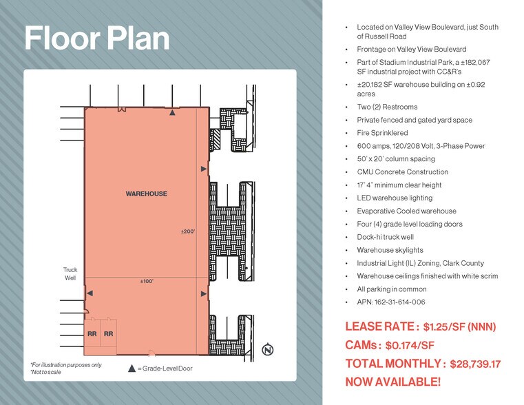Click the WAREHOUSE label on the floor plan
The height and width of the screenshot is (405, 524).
(x=146, y=194)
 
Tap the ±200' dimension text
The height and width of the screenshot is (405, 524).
(x=189, y=231)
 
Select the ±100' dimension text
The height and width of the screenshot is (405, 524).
(x=146, y=281)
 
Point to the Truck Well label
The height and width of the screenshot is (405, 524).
(x=70, y=273)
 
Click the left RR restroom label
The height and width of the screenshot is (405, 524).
(x=92, y=334)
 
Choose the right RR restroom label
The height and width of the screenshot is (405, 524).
(x=108, y=334)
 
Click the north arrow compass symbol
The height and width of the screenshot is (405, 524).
(x=268, y=350)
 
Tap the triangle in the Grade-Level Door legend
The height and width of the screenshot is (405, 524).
(x=132, y=368)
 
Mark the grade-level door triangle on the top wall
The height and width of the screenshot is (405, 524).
(x=172, y=111)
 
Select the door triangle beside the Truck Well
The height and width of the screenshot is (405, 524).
(x=90, y=294)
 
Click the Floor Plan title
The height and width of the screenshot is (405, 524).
(x=97, y=39)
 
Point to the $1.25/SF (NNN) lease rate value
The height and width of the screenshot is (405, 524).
(x=459, y=326)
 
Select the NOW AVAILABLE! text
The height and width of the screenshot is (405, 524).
(x=392, y=382)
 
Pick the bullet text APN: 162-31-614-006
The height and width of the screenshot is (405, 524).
(x=390, y=302)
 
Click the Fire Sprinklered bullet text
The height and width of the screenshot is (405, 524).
(x=382, y=133)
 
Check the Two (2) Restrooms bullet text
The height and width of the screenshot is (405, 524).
(x=387, y=107)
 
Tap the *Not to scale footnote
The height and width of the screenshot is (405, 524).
(x=45, y=372)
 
